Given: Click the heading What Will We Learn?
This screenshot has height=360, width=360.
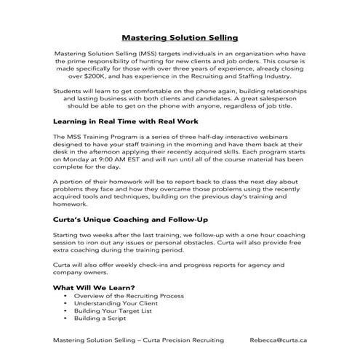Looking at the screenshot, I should click(x=95, y=287).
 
